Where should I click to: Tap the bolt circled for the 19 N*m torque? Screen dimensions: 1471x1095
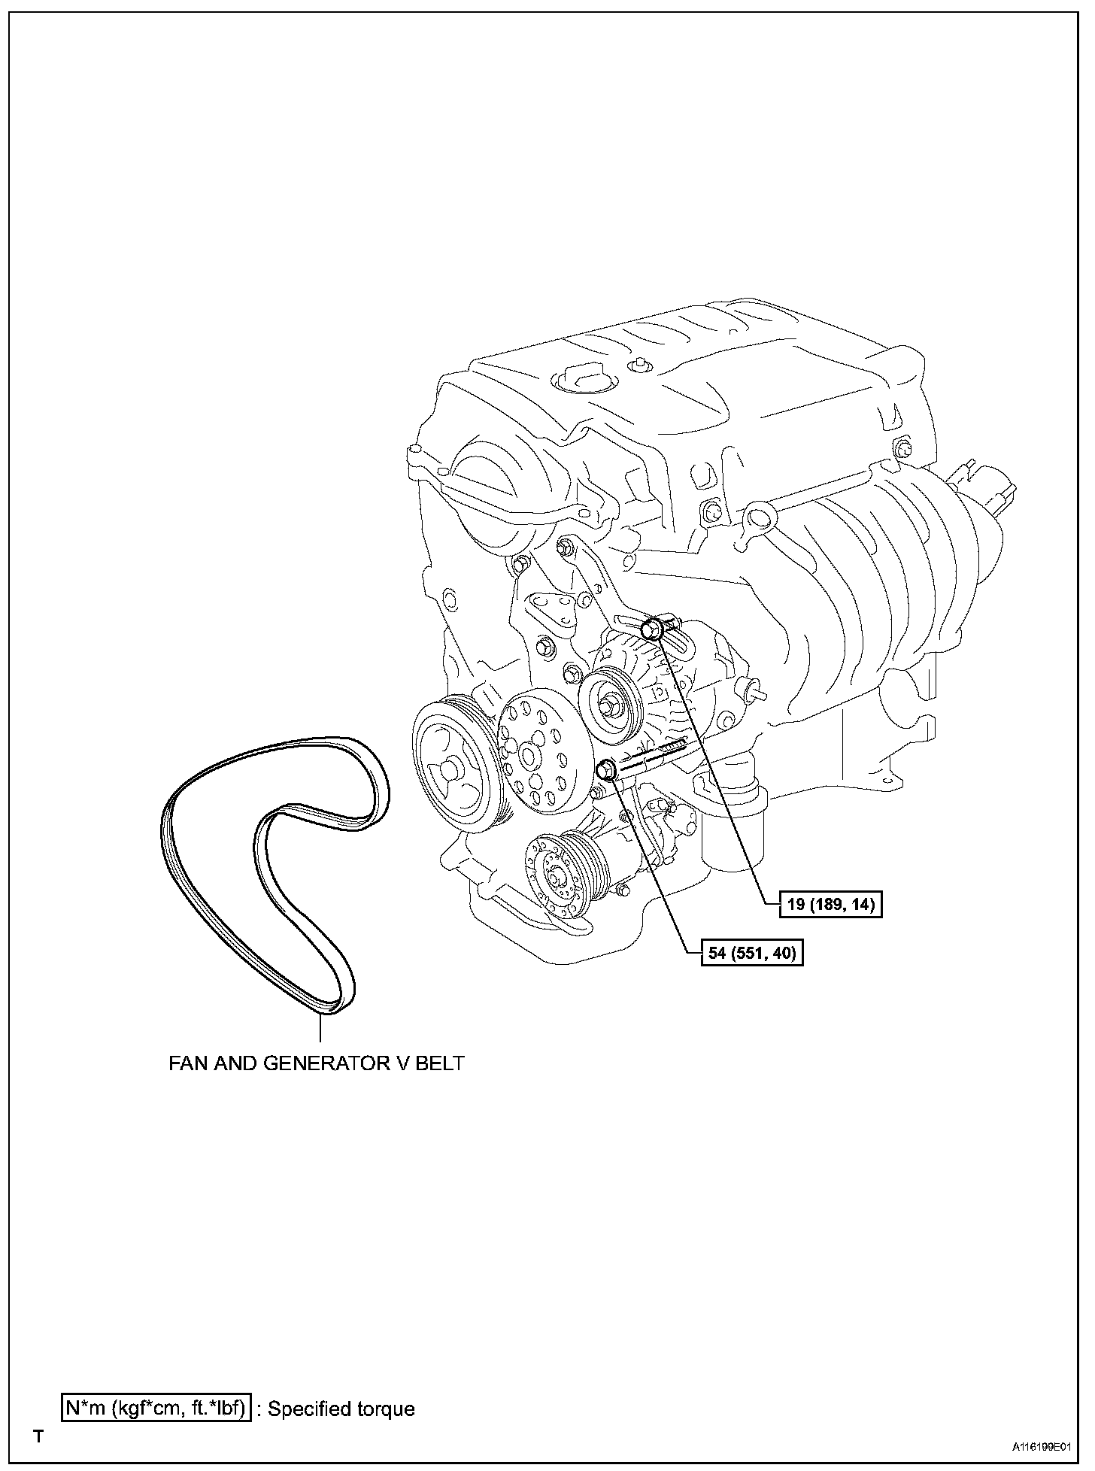(x=654, y=629)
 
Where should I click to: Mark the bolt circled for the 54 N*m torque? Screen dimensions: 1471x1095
(x=607, y=769)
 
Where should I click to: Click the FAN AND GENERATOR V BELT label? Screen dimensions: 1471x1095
(x=316, y=1063)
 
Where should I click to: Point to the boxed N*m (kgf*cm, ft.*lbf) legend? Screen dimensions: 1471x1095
(x=156, y=1408)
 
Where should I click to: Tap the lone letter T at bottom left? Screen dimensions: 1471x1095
(x=38, y=1437)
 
